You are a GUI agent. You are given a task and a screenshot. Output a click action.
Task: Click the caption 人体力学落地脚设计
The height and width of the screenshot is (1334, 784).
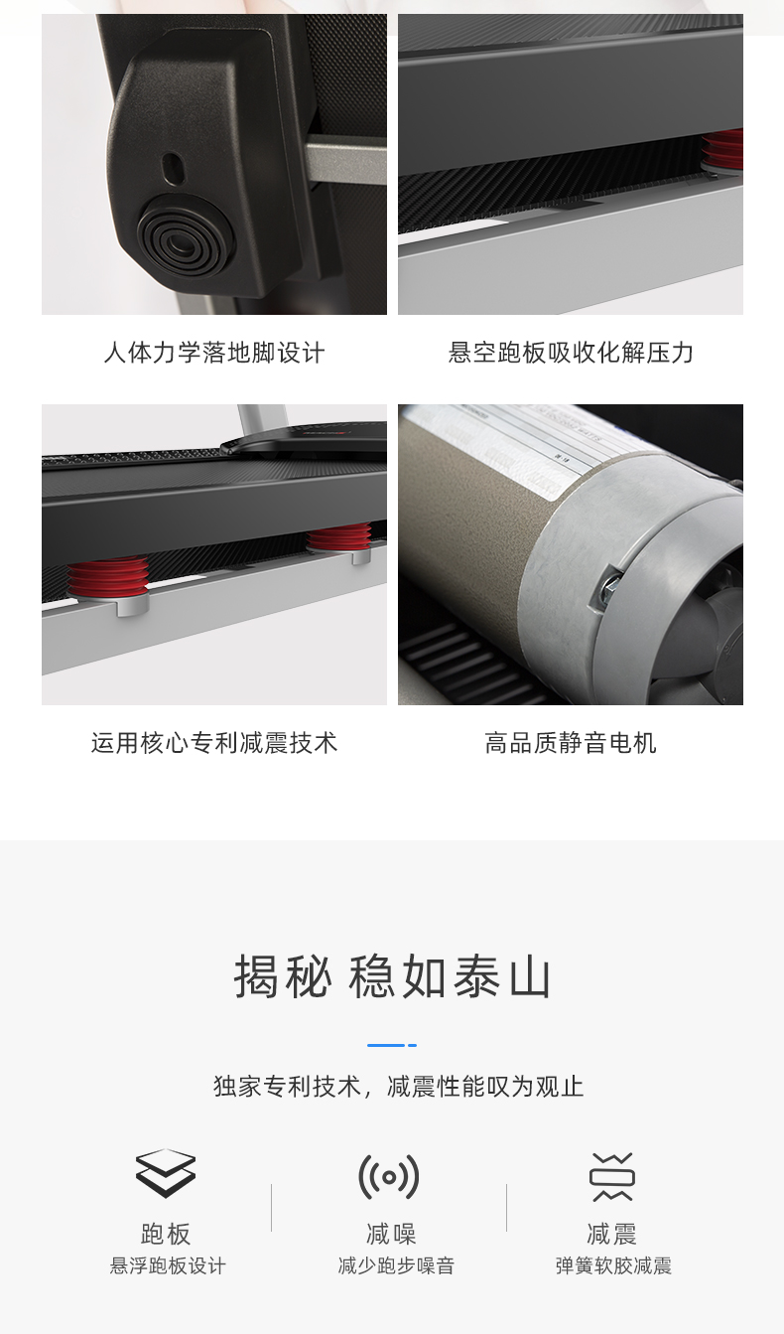tap(214, 353)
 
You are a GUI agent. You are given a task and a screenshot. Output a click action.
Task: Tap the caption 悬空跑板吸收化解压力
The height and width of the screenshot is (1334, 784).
tap(571, 353)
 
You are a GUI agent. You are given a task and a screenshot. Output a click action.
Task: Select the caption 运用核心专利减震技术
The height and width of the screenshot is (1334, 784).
tap(214, 743)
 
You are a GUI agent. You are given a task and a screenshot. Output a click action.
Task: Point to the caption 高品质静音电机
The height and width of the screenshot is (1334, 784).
tap(571, 743)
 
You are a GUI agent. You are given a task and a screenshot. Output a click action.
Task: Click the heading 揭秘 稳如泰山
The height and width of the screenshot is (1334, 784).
tap(392, 976)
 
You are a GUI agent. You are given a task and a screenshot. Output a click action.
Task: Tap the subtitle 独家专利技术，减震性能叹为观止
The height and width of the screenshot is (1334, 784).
tap(398, 1086)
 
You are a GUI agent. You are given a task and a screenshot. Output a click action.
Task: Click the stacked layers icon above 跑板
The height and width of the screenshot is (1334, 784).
tap(166, 1174)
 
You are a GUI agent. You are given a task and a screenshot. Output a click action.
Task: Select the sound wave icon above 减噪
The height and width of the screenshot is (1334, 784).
tap(389, 1177)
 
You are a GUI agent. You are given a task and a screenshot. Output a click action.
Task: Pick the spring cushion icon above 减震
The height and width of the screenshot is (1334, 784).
tap(611, 1177)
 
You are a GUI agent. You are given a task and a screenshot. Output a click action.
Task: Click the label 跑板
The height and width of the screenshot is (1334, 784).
tap(166, 1235)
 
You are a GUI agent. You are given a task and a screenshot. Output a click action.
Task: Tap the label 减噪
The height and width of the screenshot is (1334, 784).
tap(391, 1235)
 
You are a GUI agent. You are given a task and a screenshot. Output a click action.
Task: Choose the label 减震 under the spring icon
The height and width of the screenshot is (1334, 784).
tap(611, 1235)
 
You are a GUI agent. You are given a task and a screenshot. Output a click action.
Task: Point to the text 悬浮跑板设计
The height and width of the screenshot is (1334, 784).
tap(168, 1266)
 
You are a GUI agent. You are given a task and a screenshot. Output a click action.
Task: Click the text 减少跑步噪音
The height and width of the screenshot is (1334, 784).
tap(396, 1266)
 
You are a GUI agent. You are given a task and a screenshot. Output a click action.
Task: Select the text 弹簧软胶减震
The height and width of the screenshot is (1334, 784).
tap(613, 1266)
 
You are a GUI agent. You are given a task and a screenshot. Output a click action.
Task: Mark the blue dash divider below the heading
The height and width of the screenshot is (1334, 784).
tap(391, 1045)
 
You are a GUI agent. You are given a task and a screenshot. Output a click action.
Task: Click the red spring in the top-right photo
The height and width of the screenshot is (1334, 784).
tap(724, 150)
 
